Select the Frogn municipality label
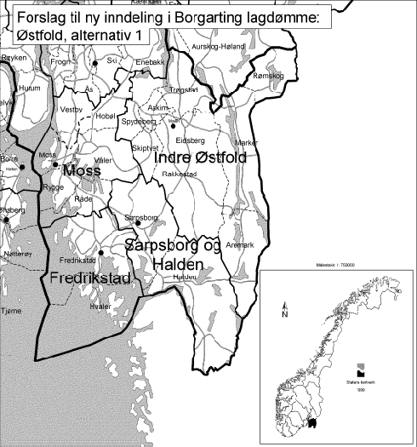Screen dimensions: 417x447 [x=60, y=62]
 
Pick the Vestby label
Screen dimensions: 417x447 [x=71, y=110]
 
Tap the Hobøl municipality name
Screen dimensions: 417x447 [x=107, y=117]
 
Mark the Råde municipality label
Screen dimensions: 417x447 [x=83, y=198]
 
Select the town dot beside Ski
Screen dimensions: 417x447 [x=95, y=63]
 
